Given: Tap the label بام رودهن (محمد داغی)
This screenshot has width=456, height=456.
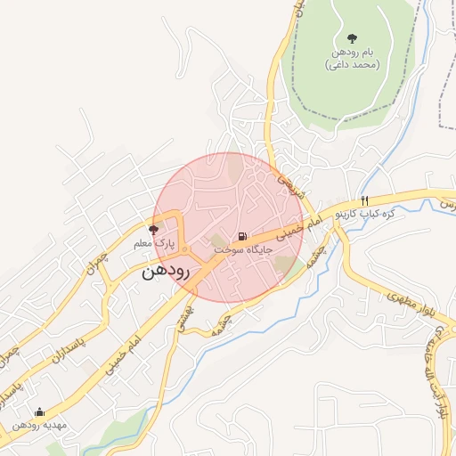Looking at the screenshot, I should (354, 59).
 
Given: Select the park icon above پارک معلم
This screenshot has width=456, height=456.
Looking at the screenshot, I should (153, 229).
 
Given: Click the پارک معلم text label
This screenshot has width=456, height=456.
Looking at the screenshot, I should (150, 243).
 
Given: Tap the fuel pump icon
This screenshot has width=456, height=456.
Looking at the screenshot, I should (242, 237).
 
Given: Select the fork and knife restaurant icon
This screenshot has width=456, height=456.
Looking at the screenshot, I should (364, 199).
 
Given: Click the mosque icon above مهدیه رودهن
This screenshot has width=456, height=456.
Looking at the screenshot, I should (38, 411).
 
